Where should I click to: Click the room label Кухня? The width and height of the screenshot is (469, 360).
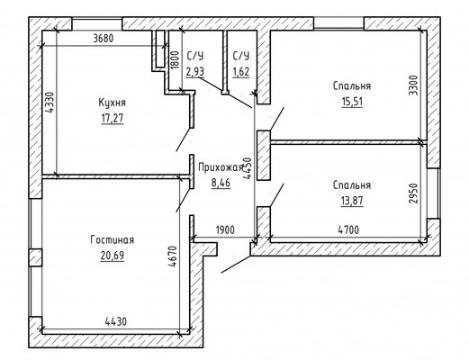point(113,103)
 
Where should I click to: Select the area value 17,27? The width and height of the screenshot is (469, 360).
point(113,118)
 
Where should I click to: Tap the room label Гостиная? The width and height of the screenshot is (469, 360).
point(113,240)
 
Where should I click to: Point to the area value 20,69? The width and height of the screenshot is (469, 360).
point(113,256)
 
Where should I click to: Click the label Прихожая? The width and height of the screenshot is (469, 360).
point(221,167)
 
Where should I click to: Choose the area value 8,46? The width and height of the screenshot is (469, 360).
point(221,183)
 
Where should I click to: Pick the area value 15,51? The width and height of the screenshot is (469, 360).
point(352,102)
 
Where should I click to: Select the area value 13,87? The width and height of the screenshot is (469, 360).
point(352,200)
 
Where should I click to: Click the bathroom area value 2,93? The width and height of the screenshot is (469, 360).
point(195,72)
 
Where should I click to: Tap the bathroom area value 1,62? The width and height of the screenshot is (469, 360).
point(241,72)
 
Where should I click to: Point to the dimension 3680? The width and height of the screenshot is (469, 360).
point(104,39)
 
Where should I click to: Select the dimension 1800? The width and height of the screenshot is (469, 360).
point(175,60)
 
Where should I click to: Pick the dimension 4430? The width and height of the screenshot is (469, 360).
point(116,322)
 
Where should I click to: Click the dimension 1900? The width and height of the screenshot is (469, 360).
point(225,230)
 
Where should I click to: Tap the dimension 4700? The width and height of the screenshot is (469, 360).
point(348,230)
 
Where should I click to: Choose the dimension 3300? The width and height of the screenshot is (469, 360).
point(414,85)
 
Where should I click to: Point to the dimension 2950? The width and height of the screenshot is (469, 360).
point(413,193)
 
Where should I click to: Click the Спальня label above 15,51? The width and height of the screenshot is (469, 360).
point(352,86)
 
